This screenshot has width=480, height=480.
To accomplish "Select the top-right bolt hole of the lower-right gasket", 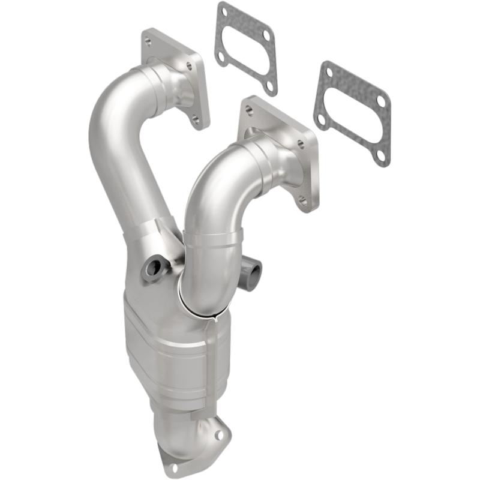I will (379, 101).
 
